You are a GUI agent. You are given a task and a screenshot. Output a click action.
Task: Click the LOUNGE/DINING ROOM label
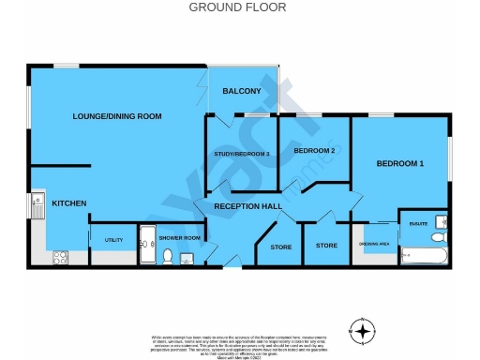(x=118, y=116)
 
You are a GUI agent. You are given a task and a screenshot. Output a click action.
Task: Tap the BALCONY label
(x=241, y=91)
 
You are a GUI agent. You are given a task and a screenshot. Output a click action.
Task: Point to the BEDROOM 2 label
(x=314, y=150)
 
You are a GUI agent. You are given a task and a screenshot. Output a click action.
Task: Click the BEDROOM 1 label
(x=400, y=164)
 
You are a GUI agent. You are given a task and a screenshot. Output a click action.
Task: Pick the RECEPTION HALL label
(x=247, y=206)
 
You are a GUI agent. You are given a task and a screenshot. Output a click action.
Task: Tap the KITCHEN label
(x=69, y=203)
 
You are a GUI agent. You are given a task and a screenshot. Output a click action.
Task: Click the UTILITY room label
(x=114, y=240)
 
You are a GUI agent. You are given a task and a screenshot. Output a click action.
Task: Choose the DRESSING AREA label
(x=375, y=246)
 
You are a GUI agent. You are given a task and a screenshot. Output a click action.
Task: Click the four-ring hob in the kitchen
(x=59, y=255)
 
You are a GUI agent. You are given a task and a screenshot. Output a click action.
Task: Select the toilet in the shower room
(x=167, y=255)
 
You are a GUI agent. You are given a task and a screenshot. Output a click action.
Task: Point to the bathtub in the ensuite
(x=425, y=254)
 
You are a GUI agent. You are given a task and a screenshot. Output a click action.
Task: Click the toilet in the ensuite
(x=441, y=235)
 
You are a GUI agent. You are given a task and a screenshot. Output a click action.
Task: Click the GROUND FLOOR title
(x=237, y=7)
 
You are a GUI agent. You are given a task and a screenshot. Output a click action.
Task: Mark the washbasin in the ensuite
(x=406, y=235)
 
